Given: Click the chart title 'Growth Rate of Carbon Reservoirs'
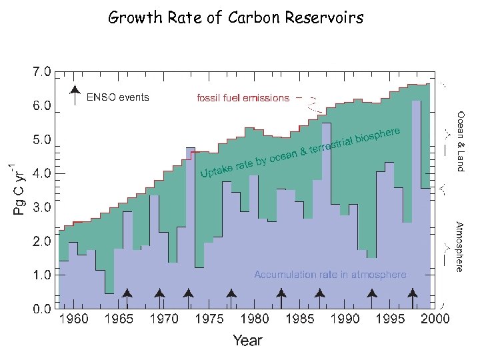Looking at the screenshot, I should point(237,18).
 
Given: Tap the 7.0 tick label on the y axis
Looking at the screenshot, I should point(39,72).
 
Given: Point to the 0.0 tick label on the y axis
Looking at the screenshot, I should point(39,309).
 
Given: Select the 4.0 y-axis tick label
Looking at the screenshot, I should point(39,173).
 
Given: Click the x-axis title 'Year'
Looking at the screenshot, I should point(247,341).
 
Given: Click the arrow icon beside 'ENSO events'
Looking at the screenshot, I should point(75,95).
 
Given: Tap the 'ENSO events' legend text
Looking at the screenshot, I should point(118,97).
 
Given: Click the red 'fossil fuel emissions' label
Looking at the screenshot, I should point(243,98).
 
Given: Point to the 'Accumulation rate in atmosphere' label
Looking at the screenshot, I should point(330,275).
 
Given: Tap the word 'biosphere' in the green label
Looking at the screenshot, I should point(378,135).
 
